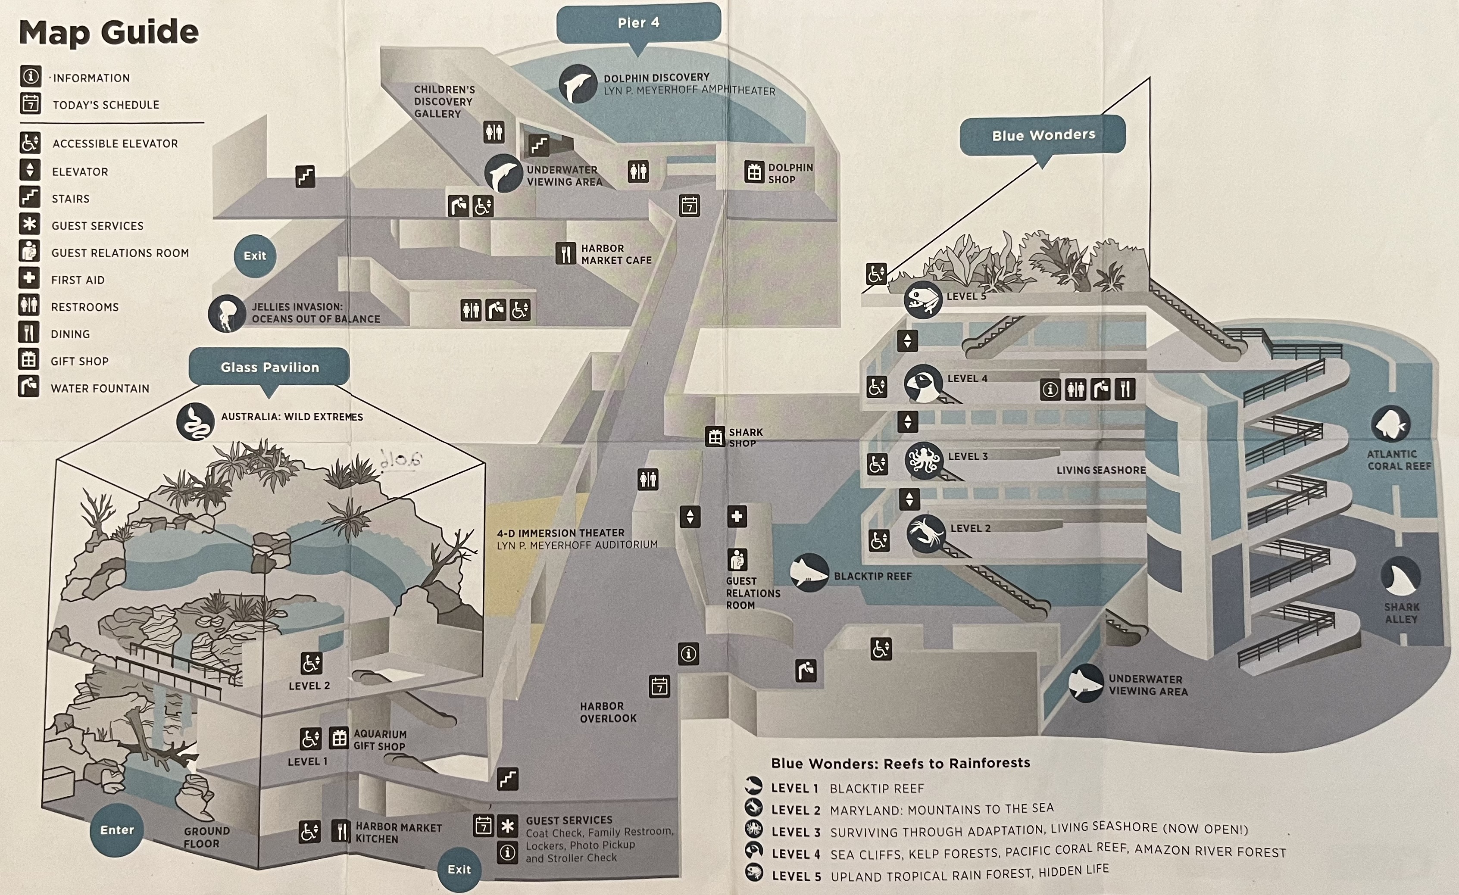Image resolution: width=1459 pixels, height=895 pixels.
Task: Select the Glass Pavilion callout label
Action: click(x=269, y=367)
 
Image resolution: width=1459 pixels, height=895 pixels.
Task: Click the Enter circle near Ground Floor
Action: click(x=117, y=830)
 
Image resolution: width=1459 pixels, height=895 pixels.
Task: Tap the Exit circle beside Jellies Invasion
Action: click(x=255, y=256)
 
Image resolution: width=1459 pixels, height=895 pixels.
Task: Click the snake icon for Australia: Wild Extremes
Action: click(x=195, y=421)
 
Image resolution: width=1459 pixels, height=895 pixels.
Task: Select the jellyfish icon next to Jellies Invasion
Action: click(x=227, y=313)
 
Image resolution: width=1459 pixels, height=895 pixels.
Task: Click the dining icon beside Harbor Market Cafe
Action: click(x=565, y=254)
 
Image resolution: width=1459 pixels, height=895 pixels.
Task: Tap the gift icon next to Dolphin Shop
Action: click(x=754, y=172)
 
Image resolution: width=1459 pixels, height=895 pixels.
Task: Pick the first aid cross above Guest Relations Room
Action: click(x=737, y=516)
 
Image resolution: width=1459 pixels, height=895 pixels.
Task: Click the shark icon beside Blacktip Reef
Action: click(x=809, y=572)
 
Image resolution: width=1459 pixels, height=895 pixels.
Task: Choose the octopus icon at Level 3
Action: click(x=923, y=460)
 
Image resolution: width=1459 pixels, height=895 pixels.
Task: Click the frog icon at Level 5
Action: click(x=922, y=299)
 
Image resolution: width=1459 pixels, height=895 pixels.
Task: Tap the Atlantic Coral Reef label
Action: click(x=1398, y=460)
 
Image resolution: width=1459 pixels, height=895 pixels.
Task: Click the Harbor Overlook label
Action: click(x=608, y=712)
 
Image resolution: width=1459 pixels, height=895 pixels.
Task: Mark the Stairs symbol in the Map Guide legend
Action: click(x=30, y=197)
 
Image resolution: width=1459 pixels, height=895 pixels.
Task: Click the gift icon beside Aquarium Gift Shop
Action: click(x=339, y=738)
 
